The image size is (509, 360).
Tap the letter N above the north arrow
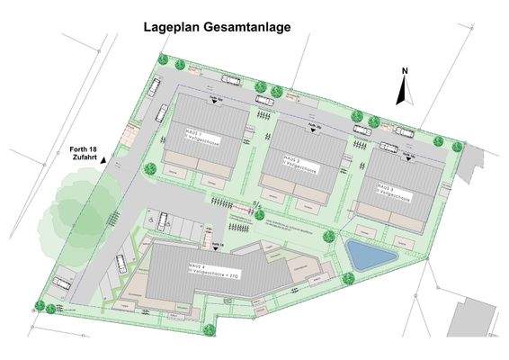(x=405, y=71)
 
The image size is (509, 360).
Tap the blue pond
(x=369, y=256)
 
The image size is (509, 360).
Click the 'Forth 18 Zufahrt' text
(x=83, y=153)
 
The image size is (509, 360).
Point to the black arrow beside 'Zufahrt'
(x=104, y=159)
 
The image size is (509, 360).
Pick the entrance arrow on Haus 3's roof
(x=410, y=154)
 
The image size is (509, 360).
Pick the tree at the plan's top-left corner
(x=163, y=60)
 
